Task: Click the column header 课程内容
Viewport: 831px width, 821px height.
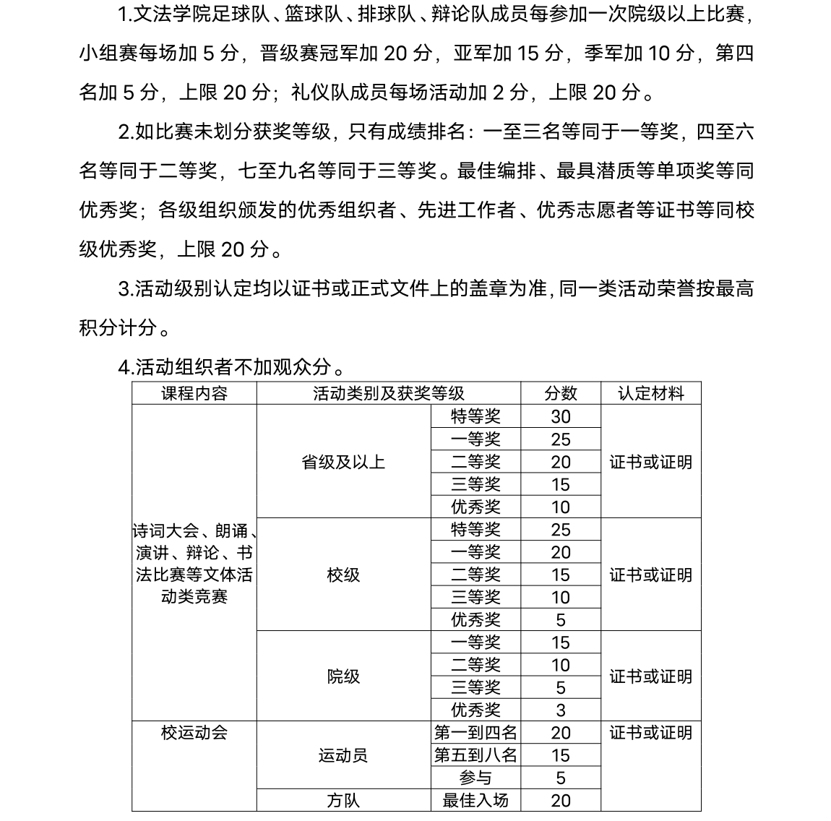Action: point(194,393)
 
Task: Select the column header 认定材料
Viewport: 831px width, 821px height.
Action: point(650,393)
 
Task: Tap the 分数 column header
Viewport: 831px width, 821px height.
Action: point(560,393)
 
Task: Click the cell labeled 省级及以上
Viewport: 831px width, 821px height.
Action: point(343,462)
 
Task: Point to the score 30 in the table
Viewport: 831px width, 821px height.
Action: point(560,416)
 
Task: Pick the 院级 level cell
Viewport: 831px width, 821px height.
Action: point(343,676)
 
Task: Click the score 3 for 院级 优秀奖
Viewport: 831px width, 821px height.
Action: point(560,710)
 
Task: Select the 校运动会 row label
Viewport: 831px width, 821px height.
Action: point(194,733)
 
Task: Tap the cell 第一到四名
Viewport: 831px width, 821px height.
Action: point(475,733)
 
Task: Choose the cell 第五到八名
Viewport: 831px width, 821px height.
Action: point(475,755)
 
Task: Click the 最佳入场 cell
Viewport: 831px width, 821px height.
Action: point(475,800)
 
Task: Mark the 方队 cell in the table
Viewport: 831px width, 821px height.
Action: point(343,800)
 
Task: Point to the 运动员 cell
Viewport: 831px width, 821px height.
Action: point(343,755)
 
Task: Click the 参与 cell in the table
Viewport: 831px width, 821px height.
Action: point(475,778)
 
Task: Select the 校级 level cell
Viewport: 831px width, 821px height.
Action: point(343,575)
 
